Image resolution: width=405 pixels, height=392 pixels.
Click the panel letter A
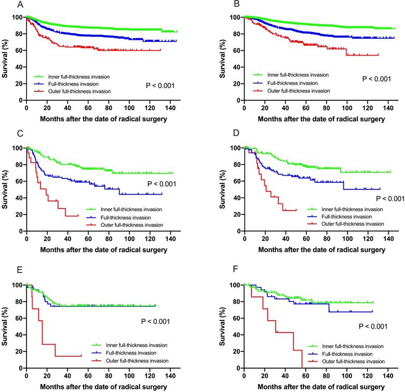click(6, 5)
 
